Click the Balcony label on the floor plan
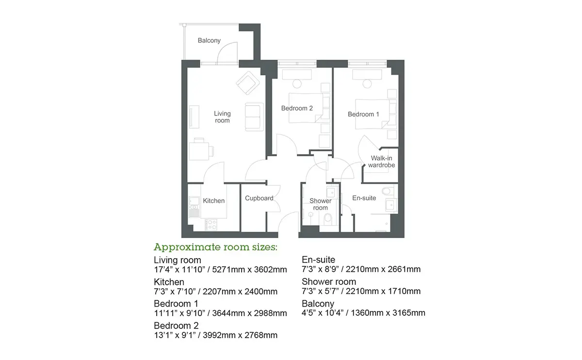click(x=209, y=41)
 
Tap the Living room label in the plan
click(x=222, y=117)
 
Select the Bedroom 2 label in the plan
click(x=297, y=108)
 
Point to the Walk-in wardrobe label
click(x=381, y=162)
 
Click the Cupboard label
click(x=259, y=198)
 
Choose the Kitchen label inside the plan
click(x=213, y=201)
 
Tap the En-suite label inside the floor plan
click(x=364, y=198)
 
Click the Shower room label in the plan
click(x=321, y=204)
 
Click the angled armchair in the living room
click(x=248, y=83)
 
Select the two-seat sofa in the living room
click(x=254, y=117)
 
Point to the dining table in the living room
click(x=199, y=151)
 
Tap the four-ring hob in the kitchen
click(x=210, y=225)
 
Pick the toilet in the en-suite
click(x=387, y=191)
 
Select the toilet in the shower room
click(x=328, y=219)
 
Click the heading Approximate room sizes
click(x=215, y=247)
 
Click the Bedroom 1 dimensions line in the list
click(x=220, y=313)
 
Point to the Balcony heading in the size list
click(x=318, y=304)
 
